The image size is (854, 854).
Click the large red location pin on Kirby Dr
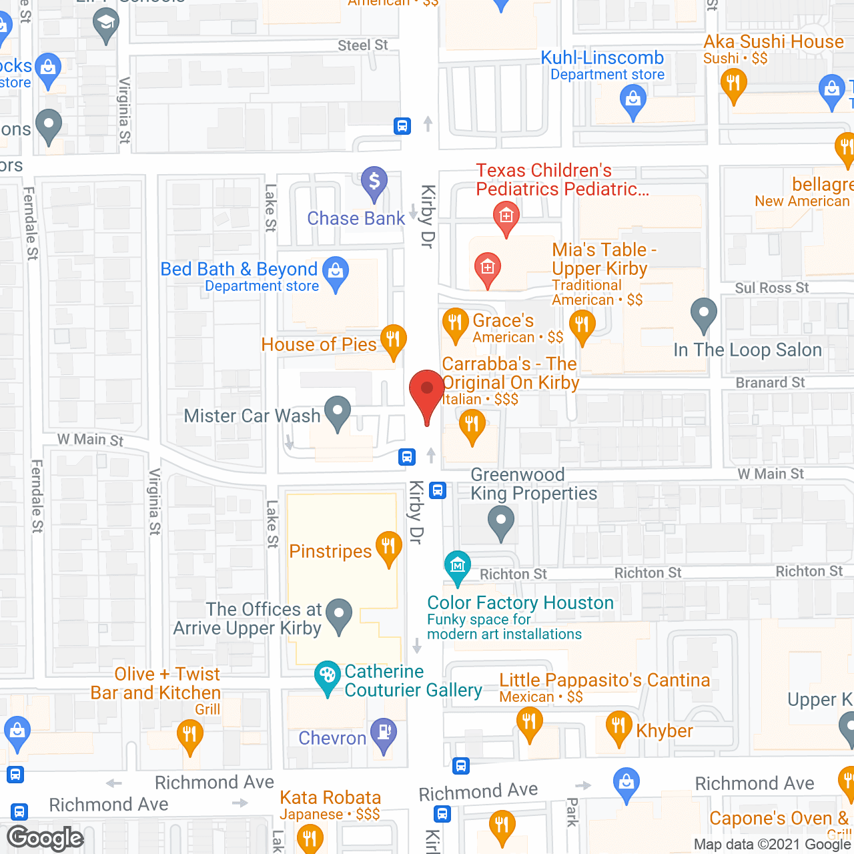[426, 393]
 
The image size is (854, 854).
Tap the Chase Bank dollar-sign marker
[374, 181]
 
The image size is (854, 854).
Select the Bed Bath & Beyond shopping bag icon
[336, 272]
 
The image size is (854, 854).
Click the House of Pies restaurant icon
[394, 340]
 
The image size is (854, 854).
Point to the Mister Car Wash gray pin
[338, 411]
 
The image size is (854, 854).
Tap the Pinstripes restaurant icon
[388, 547]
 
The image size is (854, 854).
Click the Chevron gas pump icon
[384, 733]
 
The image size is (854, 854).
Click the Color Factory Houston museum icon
[458, 566]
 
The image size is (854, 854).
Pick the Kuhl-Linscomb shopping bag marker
[632, 101]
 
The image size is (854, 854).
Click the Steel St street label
[362, 45]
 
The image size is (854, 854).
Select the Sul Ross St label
[771, 288]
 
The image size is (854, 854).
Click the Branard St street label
[770, 383]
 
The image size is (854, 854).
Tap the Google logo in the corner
[45, 838]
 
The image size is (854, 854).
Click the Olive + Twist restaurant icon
[189, 735]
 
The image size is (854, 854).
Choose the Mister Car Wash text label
[252, 416]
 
